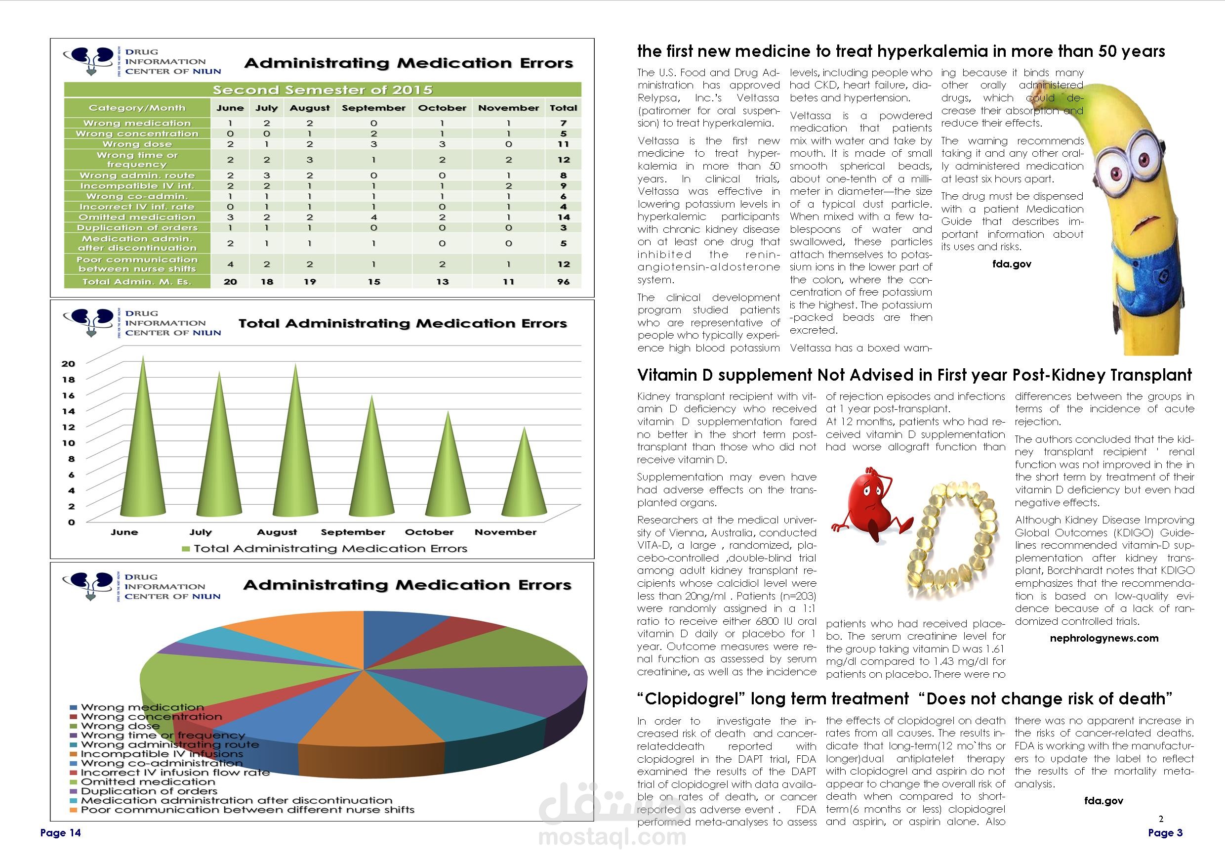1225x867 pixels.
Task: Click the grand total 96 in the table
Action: tap(563, 281)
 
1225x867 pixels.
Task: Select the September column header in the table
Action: tap(373, 108)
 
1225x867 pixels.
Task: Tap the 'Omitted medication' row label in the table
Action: tap(137, 217)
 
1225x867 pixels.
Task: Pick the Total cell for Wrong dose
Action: tap(563, 144)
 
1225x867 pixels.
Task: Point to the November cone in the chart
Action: tap(525, 480)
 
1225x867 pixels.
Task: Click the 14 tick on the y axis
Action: tap(69, 411)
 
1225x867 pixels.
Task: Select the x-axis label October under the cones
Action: tap(429, 532)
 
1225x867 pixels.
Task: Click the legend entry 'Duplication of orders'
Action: tap(149, 791)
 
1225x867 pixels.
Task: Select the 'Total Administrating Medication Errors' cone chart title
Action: tap(402, 324)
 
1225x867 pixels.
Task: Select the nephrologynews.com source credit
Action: tap(1104, 638)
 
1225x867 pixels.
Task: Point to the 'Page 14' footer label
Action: tap(60, 833)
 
